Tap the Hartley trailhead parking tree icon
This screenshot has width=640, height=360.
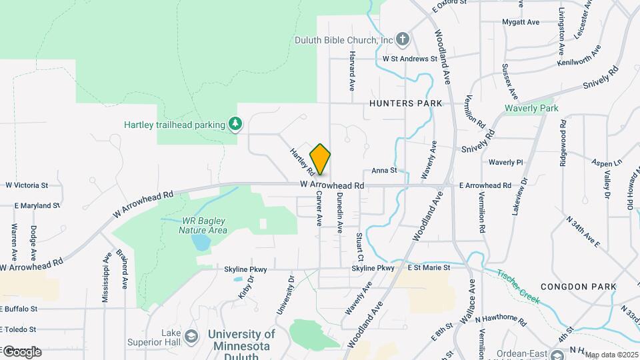click(235, 123)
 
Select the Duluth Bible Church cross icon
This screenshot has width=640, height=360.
click(402, 39)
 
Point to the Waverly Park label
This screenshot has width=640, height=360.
click(531, 108)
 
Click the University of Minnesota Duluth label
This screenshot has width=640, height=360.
click(241, 341)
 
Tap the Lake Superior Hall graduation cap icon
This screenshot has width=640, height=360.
click(192, 335)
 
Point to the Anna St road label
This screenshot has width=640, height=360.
click(384, 171)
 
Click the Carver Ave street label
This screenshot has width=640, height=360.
click(319, 209)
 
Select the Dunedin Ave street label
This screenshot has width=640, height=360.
click(339, 212)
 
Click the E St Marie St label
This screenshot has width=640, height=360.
click(429, 268)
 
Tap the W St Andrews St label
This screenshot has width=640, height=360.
click(409, 59)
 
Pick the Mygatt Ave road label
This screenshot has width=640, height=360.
click(520, 22)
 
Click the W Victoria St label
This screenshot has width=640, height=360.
click(27, 185)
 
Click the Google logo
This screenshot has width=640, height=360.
click(21, 351)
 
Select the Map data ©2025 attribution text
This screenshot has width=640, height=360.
click(611, 354)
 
